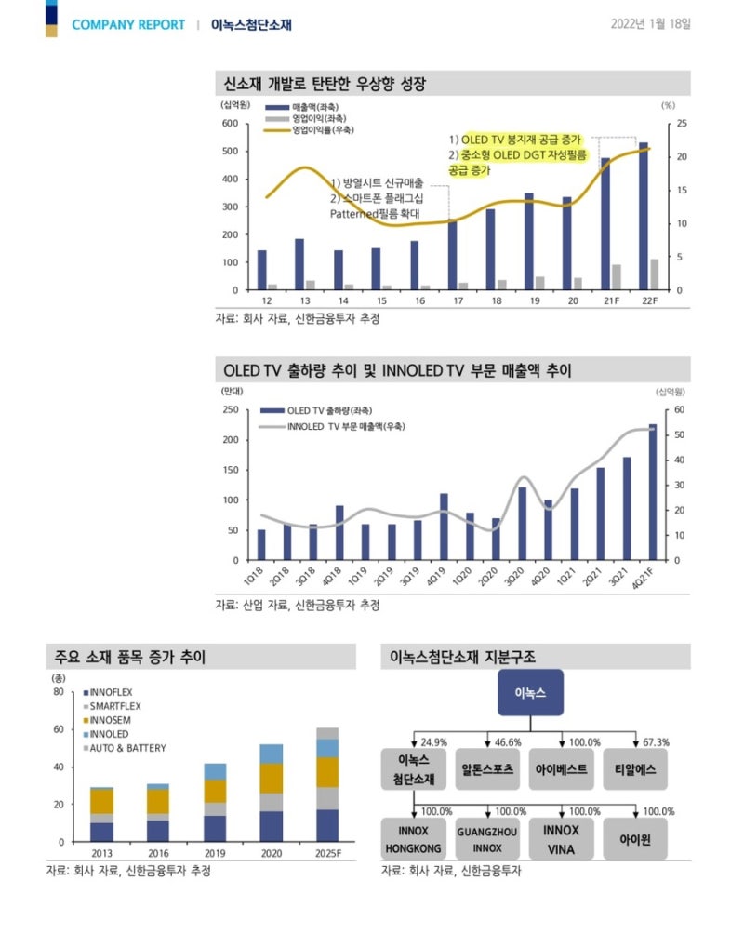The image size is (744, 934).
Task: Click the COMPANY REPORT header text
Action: [128, 25]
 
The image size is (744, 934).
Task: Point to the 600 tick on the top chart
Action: [228, 123]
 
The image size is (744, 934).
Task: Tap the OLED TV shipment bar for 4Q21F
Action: [653, 492]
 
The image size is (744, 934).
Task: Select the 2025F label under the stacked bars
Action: [326, 853]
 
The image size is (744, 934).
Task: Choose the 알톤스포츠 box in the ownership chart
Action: [488, 770]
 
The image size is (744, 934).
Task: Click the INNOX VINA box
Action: [561, 839]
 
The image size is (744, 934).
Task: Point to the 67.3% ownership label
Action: [656, 742]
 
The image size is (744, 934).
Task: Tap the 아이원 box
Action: [634, 839]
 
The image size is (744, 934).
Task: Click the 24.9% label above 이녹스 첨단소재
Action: [434, 742]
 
